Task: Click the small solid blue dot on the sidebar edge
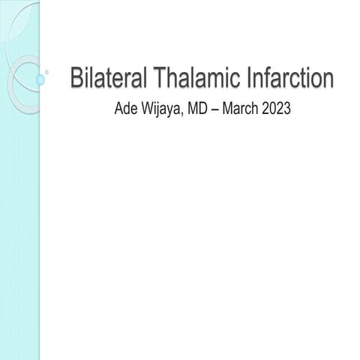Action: point(40,77)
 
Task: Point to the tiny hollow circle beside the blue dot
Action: point(48,73)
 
